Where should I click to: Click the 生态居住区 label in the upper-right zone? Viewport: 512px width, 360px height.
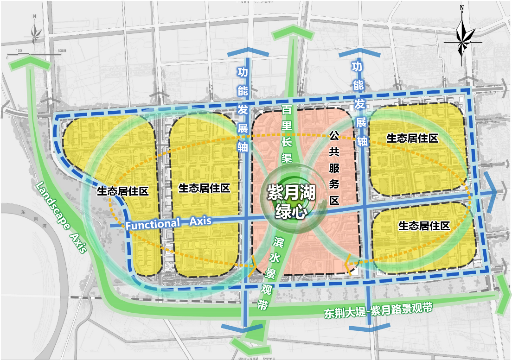pos(412,138)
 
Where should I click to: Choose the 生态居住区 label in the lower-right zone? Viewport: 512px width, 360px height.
pos(424,226)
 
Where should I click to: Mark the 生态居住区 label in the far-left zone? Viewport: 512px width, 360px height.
pos(122,191)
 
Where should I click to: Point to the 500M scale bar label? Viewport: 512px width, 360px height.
pos(62,50)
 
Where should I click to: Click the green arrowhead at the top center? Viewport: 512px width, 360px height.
pos(293,33)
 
